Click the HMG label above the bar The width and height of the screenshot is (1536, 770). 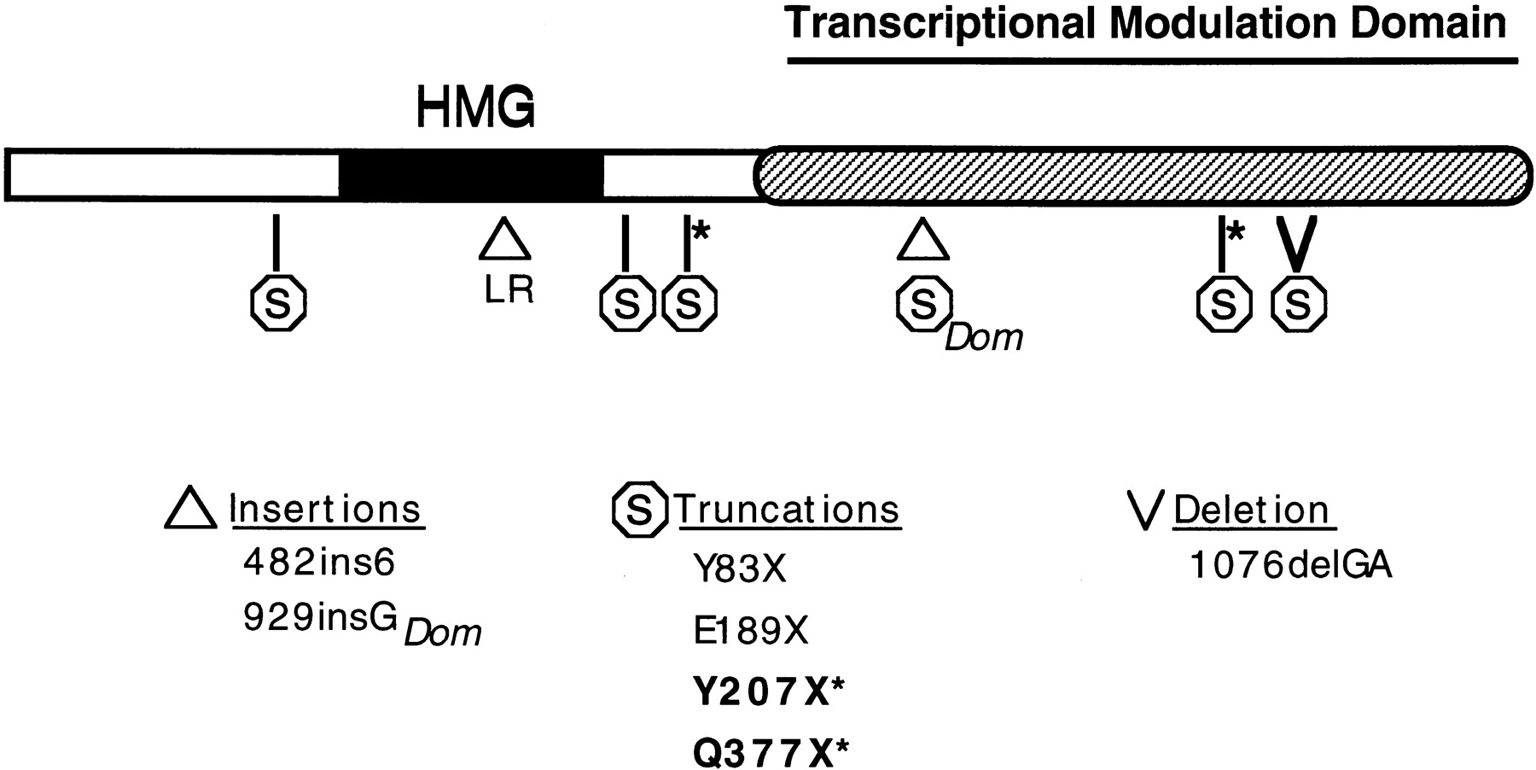pos(476,108)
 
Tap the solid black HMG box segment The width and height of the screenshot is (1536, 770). pos(471,175)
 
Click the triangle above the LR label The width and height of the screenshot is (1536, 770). pos(505,238)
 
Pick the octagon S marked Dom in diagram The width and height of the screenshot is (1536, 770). pos(923,304)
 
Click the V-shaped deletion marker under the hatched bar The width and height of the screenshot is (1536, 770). pos(1297,244)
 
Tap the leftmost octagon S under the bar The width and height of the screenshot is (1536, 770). pos(277,304)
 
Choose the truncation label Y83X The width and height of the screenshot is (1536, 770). pos(739,569)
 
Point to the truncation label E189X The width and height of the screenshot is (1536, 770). pos(750,631)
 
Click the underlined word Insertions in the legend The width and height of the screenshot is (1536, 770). pos(326,510)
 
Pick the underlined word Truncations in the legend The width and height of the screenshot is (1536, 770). pos(788,510)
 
